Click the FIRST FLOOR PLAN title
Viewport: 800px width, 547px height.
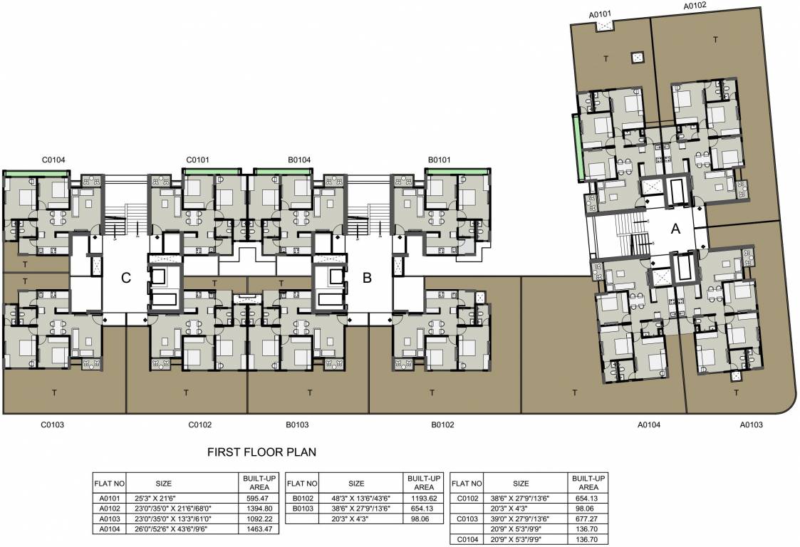click(261, 452)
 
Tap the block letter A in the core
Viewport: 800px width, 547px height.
click(676, 229)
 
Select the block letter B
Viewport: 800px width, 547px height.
click(368, 278)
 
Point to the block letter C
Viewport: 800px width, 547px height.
click(126, 278)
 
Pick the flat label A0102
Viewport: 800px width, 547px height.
click(695, 6)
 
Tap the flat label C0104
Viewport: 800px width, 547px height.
click(53, 160)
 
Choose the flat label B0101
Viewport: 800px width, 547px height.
click(440, 160)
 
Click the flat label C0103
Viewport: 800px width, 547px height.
click(52, 425)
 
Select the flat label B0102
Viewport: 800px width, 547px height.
click(442, 425)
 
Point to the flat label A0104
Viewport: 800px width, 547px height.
click(649, 425)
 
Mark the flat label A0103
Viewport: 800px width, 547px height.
click(751, 425)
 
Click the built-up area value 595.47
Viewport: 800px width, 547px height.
click(254, 499)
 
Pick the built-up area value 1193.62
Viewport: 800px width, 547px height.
click(423, 499)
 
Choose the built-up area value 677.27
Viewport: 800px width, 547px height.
click(588, 520)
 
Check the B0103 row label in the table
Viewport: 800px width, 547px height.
click(302, 509)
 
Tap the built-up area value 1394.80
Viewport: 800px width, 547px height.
click(254, 509)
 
